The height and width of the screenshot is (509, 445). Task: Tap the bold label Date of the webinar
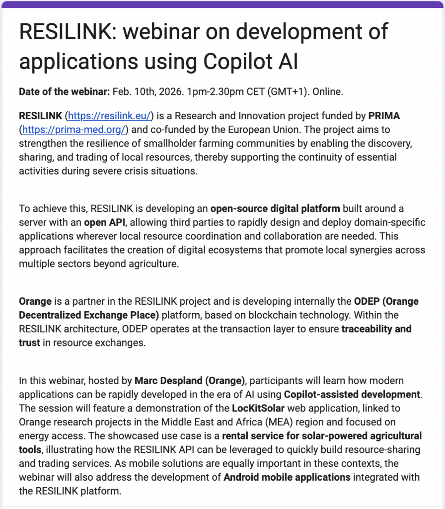coord(65,92)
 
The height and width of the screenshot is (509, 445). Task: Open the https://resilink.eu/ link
coord(110,116)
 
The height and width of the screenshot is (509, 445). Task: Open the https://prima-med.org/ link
coord(74,130)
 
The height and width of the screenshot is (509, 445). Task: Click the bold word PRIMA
coord(384,116)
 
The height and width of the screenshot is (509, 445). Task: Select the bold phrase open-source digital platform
coord(275,208)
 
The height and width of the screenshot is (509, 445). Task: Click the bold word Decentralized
coord(55,315)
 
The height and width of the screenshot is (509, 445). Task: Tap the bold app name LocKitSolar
coord(261,409)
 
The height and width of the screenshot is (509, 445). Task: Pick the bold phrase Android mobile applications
coord(287,478)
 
